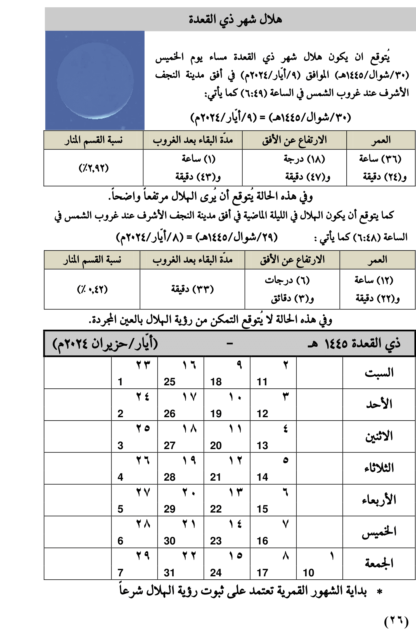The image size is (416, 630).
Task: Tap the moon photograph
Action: (x=95, y=80)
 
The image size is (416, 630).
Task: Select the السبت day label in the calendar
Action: (x=379, y=373)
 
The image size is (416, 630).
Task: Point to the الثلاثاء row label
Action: (x=379, y=468)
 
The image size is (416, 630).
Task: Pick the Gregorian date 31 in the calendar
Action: (x=169, y=573)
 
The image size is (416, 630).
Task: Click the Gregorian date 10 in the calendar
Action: (x=309, y=573)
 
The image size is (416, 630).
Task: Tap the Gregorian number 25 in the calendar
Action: (x=169, y=382)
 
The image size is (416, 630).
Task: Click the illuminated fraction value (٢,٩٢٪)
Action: (x=93, y=168)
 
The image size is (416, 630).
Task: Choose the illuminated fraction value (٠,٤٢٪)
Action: (x=92, y=289)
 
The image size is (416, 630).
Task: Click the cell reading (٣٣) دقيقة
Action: (x=192, y=289)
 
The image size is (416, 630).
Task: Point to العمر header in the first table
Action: (x=381, y=140)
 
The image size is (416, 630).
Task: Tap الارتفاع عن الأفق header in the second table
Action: (x=292, y=260)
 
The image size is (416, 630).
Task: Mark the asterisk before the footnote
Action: (x=379, y=592)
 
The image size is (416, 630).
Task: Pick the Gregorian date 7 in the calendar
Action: (x=120, y=573)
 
